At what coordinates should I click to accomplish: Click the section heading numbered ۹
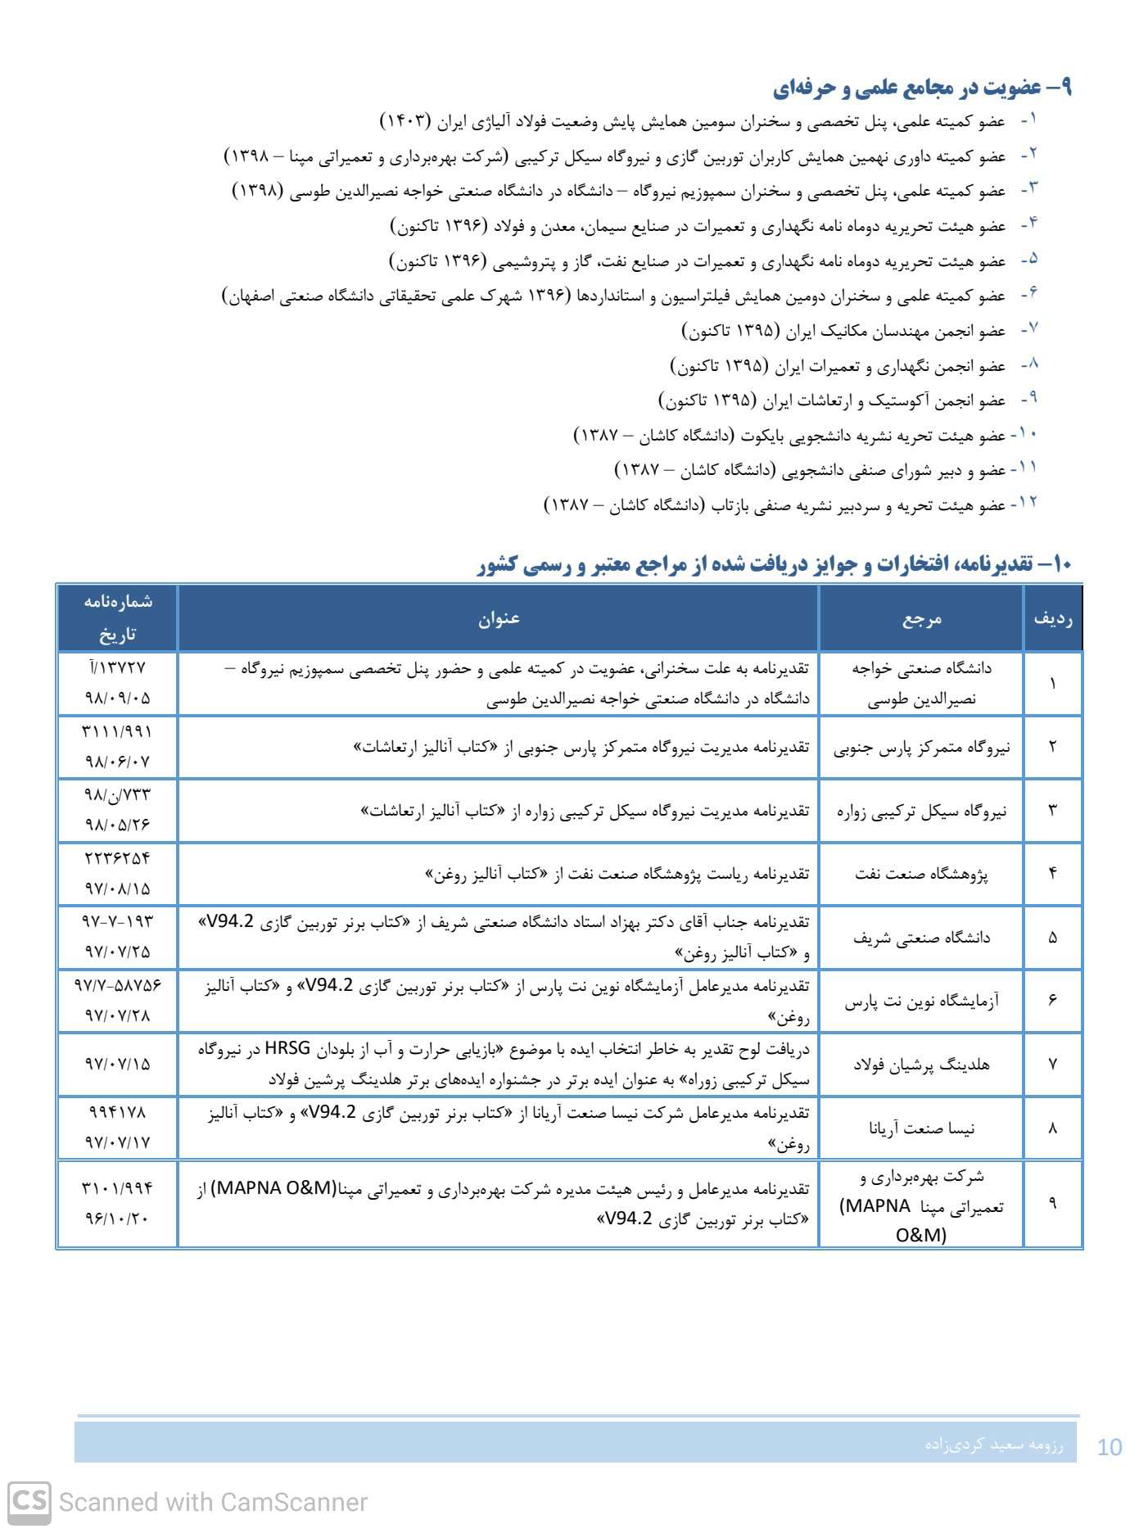pyautogui.click(x=922, y=87)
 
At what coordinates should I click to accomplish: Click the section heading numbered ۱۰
pyautogui.click(x=774, y=563)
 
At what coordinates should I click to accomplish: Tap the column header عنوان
pyautogui.click(x=499, y=618)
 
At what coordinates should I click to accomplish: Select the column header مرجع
pyautogui.click(x=922, y=618)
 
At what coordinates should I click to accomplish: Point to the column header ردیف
pyautogui.click(x=1053, y=618)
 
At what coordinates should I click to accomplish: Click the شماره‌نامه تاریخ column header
pyautogui.click(x=118, y=617)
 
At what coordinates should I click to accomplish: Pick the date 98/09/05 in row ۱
pyautogui.click(x=118, y=699)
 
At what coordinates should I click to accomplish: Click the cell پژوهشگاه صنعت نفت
pyautogui.click(x=921, y=874)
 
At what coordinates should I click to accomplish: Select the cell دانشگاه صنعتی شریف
pyautogui.click(x=921, y=938)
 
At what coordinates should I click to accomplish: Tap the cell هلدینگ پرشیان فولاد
pyautogui.click(x=921, y=1064)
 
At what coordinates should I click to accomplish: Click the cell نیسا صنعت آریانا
pyautogui.click(x=921, y=1128)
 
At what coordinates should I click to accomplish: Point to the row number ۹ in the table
pyautogui.click(x=1053, y=1203)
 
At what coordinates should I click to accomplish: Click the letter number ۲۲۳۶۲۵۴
pyautogui.click(x=118, y=858)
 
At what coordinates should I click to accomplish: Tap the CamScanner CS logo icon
pyautogui.click(x=29, y=1502)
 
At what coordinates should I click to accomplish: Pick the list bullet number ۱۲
pyautogui.click(x=1027, y=502)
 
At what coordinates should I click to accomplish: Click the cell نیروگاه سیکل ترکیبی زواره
pyautogui.click(x=921, y=811)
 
